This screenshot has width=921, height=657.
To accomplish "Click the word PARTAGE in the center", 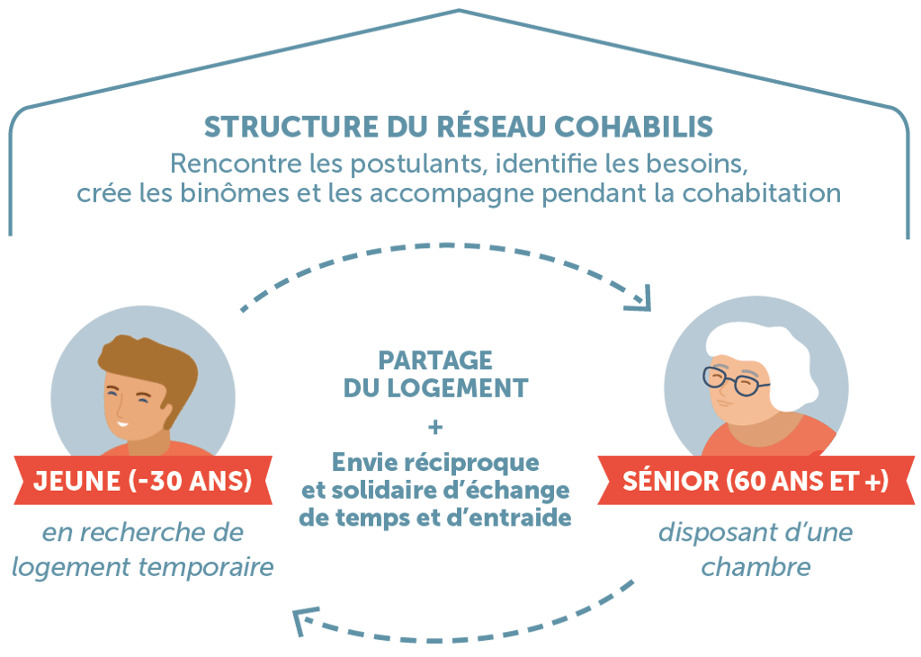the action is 435,361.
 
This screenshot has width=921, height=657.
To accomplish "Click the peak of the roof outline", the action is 459,11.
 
